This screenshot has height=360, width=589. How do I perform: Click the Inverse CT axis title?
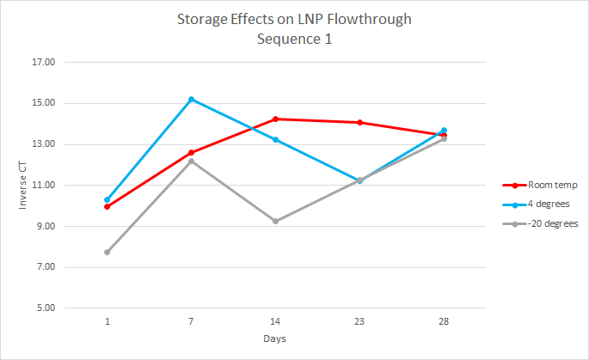[x=23, y=185]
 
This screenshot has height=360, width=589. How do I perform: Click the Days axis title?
[x=275, y=339]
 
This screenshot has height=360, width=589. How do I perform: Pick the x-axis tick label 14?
[x=275, y=321]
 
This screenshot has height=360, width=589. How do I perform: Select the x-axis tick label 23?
[x=359, y=321]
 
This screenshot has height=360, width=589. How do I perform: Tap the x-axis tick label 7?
[x=191, y=321]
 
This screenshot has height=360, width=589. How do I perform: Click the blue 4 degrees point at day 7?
[x=191, y=100]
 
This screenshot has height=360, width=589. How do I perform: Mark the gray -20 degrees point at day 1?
[x=107, y=252]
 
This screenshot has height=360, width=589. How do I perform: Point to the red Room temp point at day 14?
[x=275, y=119]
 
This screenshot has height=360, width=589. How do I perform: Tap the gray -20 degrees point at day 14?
[x=275, y=221]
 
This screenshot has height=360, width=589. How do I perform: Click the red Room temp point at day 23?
[x=359, y=122]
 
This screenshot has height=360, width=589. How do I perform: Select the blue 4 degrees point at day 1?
[x=107, y=199]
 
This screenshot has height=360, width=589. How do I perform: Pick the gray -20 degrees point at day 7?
[x=191, y=161]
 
